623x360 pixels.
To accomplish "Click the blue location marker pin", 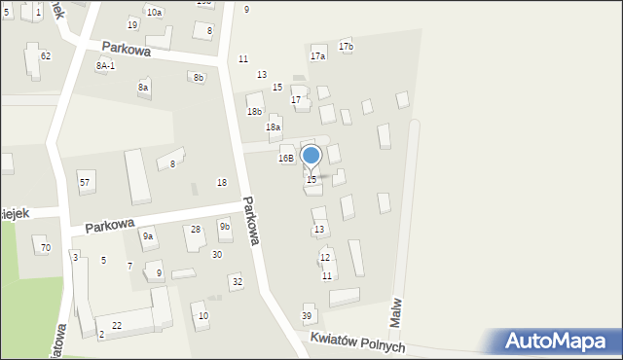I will [x=311, y=156].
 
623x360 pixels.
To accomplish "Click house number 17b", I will [x=346, y=47].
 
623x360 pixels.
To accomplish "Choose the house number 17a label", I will [x=317, y=56].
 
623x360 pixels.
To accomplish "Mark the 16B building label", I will [x=285, y=158].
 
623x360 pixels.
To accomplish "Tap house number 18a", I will [x=274, y=127].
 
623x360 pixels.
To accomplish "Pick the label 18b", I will [x=254, y=112].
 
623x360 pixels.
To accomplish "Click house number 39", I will [x=307, y=316].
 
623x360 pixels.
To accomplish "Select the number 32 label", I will [x=237, y=281].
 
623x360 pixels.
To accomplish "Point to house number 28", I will [x=196, y=230].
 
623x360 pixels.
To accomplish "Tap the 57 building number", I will [x=86, y=182].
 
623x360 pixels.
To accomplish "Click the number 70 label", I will [x=45, y=248].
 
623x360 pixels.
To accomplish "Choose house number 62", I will [x=45, y=56].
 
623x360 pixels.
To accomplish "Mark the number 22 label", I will [x=117, y=324].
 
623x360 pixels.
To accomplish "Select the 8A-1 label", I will [x=105, y=65].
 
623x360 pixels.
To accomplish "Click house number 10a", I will [x=154, y=12].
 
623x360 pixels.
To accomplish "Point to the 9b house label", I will [x=225, y=227].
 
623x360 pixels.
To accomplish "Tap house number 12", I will [x=325, y=258].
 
